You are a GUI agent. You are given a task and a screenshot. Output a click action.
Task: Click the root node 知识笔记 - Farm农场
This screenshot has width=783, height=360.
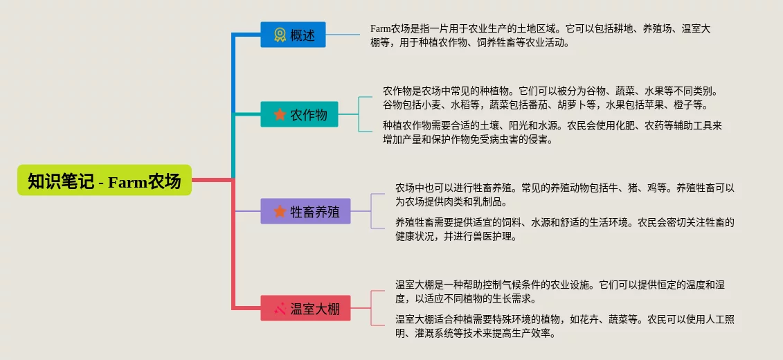point(104,181)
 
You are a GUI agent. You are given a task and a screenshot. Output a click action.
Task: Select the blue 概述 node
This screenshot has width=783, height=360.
point(293,35)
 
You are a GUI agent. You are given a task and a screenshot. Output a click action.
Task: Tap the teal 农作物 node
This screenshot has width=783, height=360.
point(299,114)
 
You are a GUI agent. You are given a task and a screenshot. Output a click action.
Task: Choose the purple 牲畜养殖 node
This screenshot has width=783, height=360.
point(305,211)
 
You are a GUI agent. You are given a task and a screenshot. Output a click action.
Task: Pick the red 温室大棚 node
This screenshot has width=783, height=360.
point(305,308)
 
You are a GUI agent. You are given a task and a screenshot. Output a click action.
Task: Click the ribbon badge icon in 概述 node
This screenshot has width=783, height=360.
point(279,35)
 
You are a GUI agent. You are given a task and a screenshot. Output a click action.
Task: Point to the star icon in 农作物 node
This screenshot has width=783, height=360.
point(279,114)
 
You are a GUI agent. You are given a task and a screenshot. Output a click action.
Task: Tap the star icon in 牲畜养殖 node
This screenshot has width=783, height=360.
point(279,211)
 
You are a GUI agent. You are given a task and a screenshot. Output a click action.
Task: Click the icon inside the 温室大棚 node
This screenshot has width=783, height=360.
point(280,308)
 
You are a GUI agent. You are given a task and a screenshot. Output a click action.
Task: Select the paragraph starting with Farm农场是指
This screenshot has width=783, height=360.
point(540,35)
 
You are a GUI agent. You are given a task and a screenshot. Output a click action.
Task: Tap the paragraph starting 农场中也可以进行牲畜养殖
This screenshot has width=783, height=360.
point(564,195)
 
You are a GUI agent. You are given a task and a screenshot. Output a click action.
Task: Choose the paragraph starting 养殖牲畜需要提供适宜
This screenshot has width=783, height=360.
point(564,229)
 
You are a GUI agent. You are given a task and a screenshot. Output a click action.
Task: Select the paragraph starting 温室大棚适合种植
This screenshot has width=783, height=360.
point(564,326)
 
